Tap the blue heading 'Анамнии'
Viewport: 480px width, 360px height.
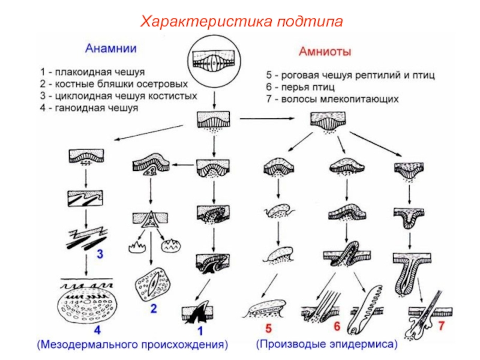coord(110,48)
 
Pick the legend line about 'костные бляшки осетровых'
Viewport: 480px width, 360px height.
coord(114,84)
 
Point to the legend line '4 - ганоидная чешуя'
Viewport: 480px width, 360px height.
coord(89,108)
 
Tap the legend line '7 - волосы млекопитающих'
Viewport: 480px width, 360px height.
coord(332,99)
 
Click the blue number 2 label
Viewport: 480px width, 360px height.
coord(154,310)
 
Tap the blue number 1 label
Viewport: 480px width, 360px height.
coord(201,329)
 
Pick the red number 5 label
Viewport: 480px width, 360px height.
coord(268,328)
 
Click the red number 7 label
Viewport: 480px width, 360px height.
coord(442,327)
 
